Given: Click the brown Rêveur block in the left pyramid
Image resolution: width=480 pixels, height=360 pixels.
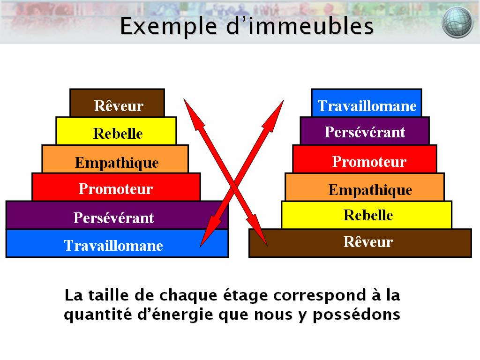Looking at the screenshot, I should click(x=117, y=104).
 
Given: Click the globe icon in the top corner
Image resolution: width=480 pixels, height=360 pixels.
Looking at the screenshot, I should click(x=457, y=22).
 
